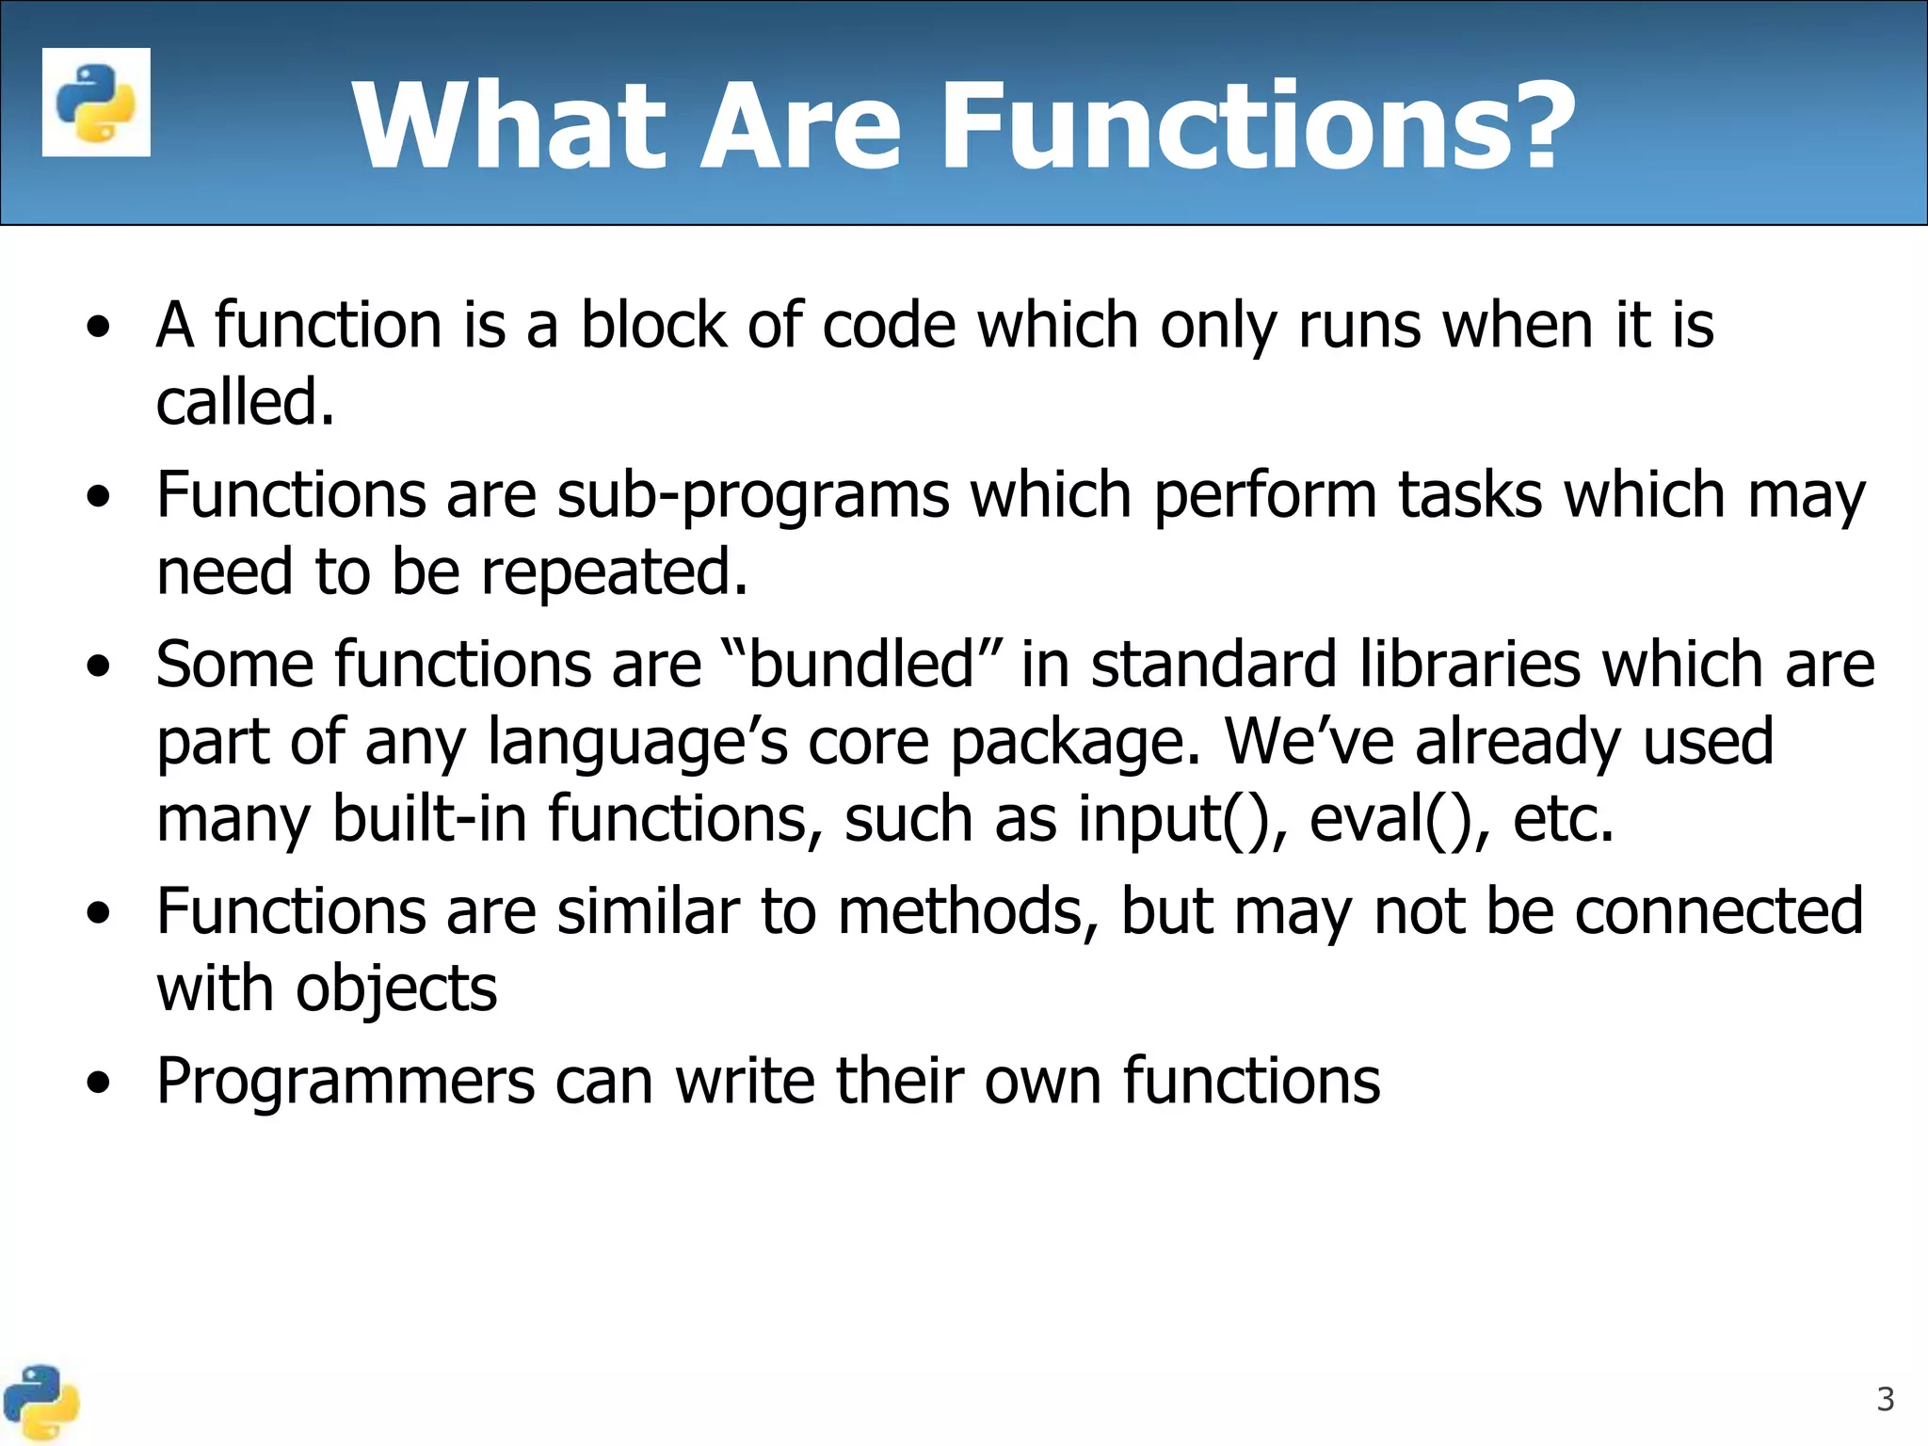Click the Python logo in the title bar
tap(96, 102)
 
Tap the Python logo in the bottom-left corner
tap(40, 1403)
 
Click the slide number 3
tap(1885, 1400)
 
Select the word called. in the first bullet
tap(245, 403)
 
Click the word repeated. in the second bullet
tap(614, 572)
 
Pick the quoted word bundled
tap(861, 665)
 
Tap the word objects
tap(395, 989)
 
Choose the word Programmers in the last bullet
tap(345, 1081)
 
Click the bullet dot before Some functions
tap(98, 667)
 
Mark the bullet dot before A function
tap(98, 329)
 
